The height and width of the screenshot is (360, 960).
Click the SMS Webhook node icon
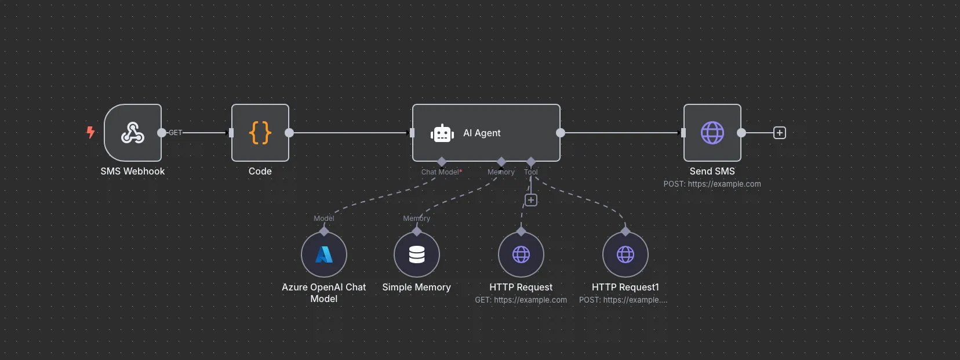(133, 133)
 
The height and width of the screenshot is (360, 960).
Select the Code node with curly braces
(260, 133)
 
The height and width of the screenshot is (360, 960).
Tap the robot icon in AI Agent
(442, 133)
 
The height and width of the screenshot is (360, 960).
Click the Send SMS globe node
(712, 133)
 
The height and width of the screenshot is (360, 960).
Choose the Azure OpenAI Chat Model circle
(324, 254)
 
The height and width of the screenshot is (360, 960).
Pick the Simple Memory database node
(417, 254)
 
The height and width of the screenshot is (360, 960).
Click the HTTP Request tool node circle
(521, 254)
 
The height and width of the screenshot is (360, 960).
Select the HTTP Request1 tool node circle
(626, 254)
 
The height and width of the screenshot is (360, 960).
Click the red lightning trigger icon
(90, 132)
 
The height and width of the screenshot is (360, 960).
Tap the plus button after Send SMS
(780, 133)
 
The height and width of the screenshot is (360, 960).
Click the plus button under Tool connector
(530, 200)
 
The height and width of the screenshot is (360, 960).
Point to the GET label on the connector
(175, 133)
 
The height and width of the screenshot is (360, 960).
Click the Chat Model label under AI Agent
(441, 172)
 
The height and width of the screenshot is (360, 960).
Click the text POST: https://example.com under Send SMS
(712, 184)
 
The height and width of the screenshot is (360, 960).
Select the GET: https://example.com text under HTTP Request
(521, 300)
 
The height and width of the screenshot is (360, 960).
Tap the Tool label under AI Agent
(530, 172)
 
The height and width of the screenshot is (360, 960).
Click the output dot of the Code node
(289, 133)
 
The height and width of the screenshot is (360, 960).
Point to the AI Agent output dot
(561, 133)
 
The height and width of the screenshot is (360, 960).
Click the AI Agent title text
(482, 133)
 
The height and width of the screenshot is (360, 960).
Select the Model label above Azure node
(323, 219)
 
